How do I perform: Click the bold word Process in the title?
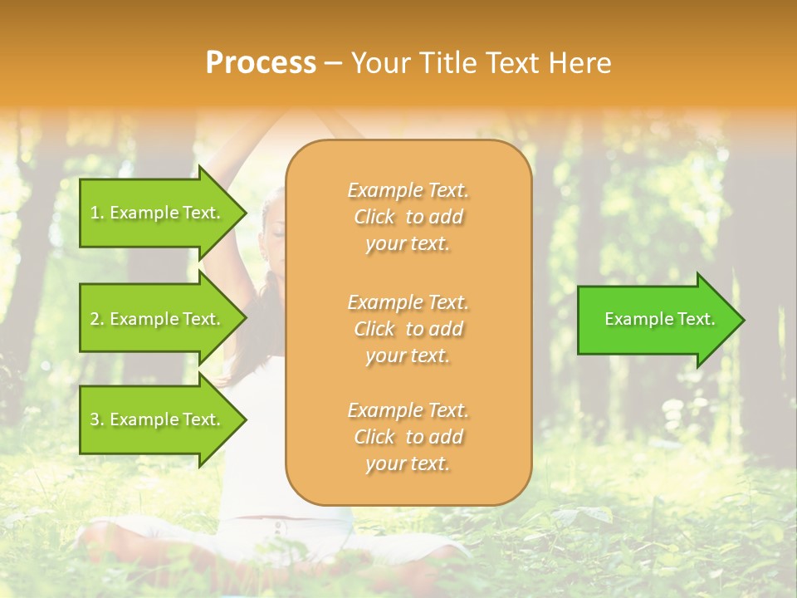click(x=261, y=63)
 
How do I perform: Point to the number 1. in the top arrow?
click(x=97, y=213)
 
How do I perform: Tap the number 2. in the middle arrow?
click(x=97, y=319)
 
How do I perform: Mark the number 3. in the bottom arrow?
click(x=97, y=419)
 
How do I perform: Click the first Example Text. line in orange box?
click(x=408, y=190)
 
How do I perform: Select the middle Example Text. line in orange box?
click(x=408, y=301)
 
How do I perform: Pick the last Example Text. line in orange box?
click(x=408, y=410)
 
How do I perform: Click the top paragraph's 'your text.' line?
click(x=407, y=243)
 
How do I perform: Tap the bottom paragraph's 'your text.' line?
click(x=407, y=463)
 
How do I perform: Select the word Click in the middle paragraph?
click(x=374, y=329)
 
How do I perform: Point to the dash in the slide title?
click(x=333, y=64)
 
